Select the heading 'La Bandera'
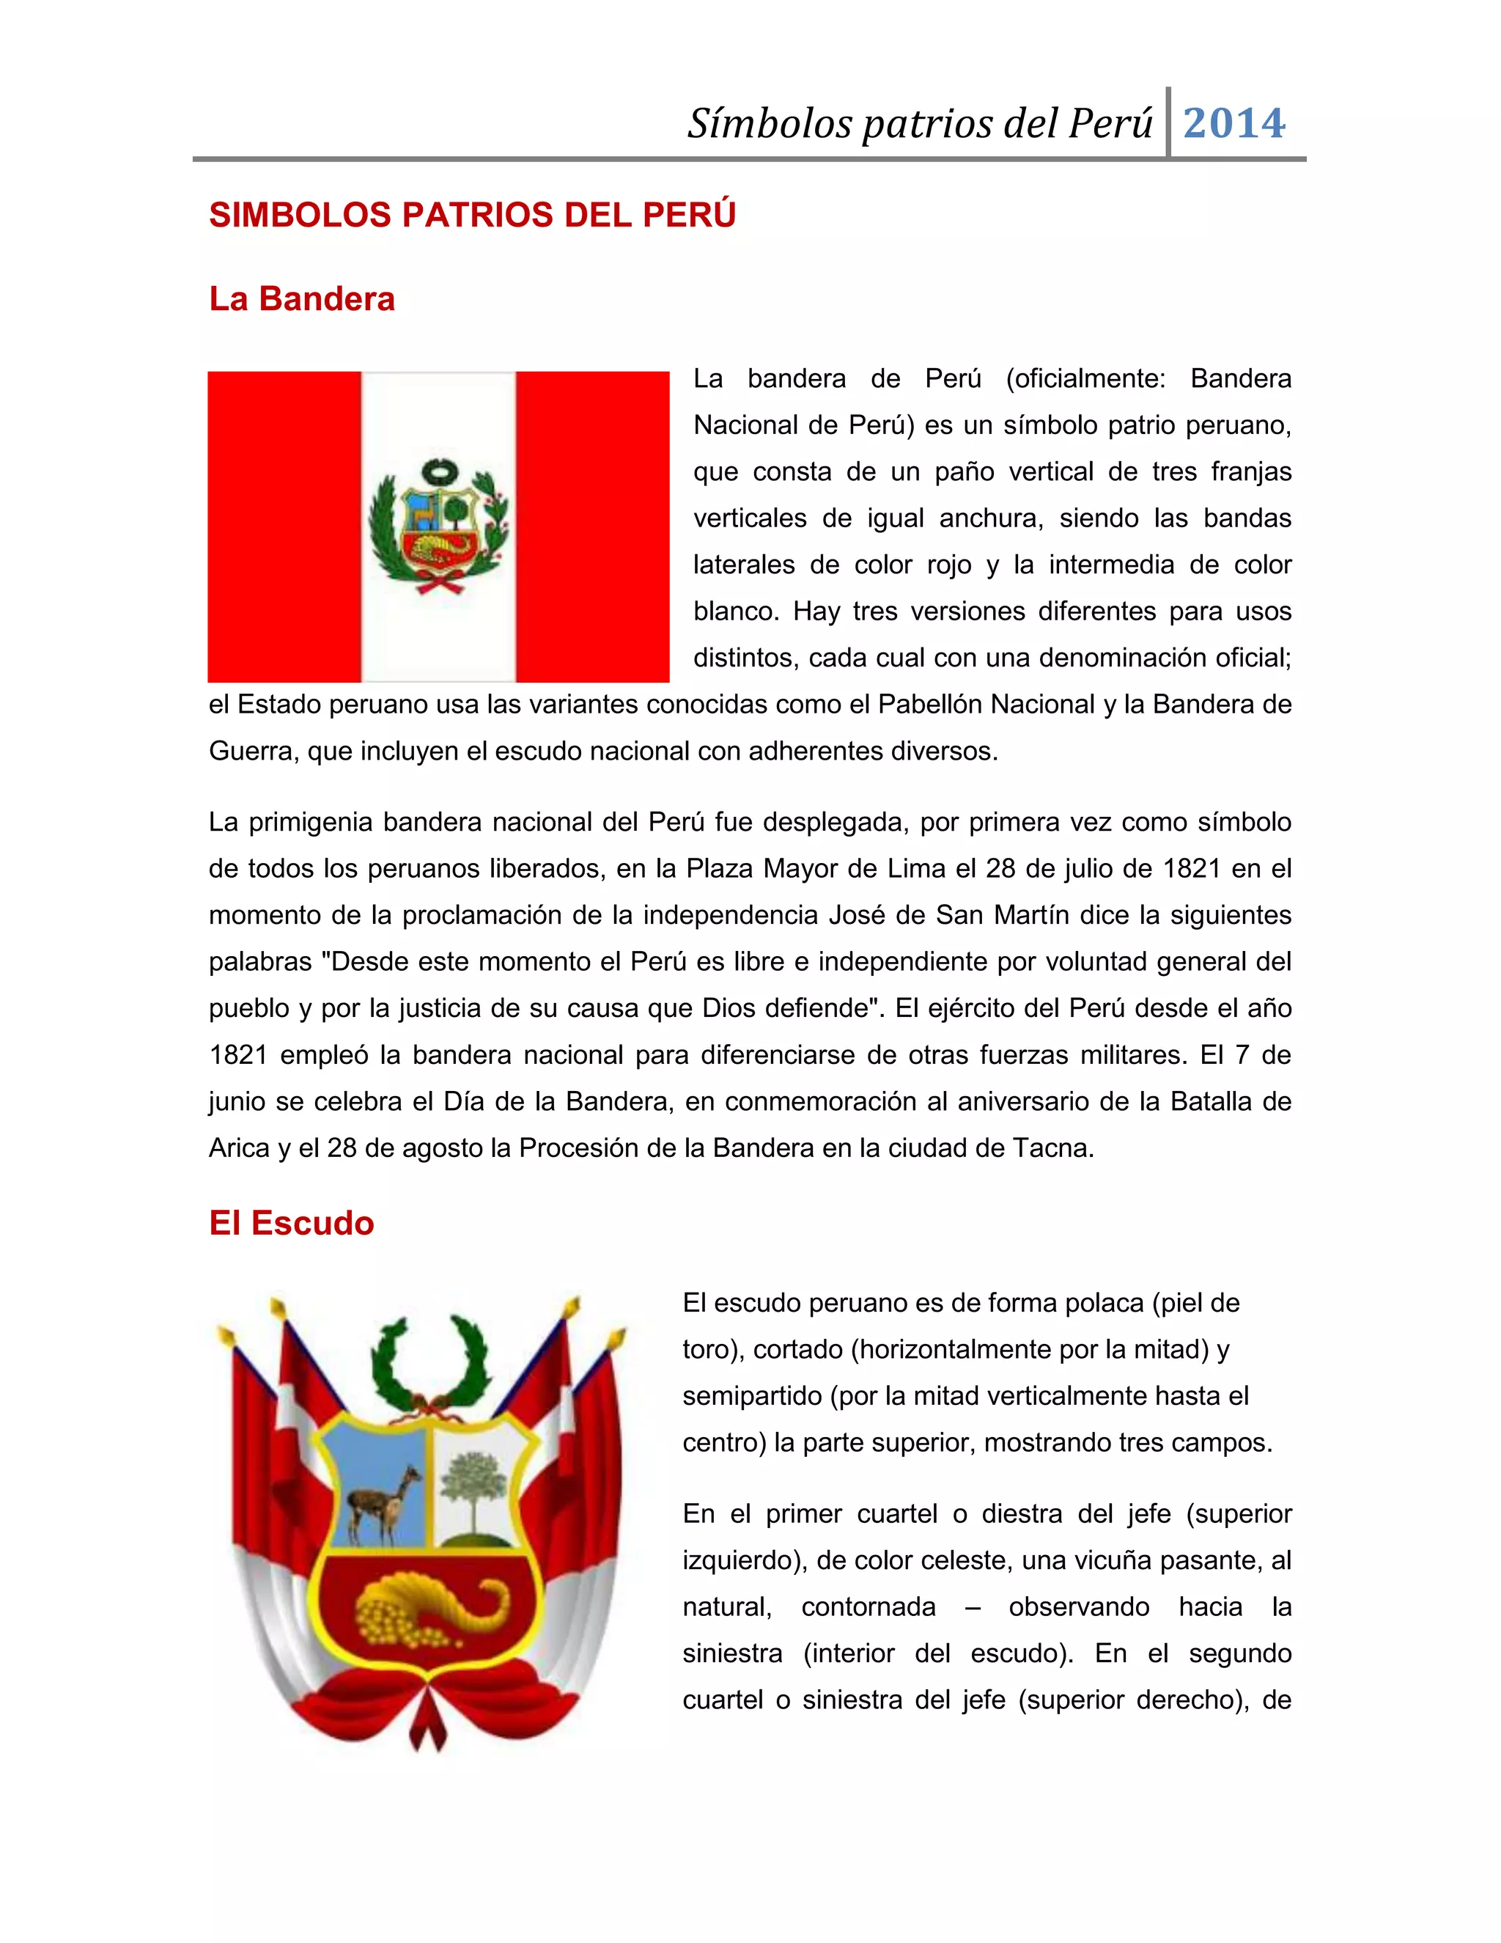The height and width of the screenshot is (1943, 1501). [301, 299]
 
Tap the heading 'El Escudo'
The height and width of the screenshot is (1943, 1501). [291, 1223]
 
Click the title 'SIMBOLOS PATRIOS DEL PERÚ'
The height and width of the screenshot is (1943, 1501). [472, 216]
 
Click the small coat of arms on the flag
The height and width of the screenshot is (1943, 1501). [438, 526]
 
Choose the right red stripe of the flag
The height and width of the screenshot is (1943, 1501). [592, 526]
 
